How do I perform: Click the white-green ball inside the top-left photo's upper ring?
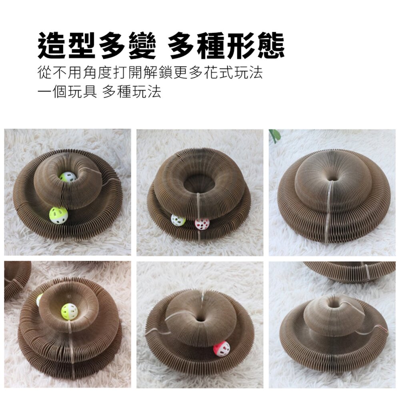pos(68,177)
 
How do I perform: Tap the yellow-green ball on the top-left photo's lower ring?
pos(58,216)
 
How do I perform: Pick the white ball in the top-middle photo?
pos(178,220)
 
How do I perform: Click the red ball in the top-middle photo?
pos(202,224)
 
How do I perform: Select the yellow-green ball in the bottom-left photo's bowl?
pos(70,310)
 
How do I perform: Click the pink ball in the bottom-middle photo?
pos(221,348)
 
